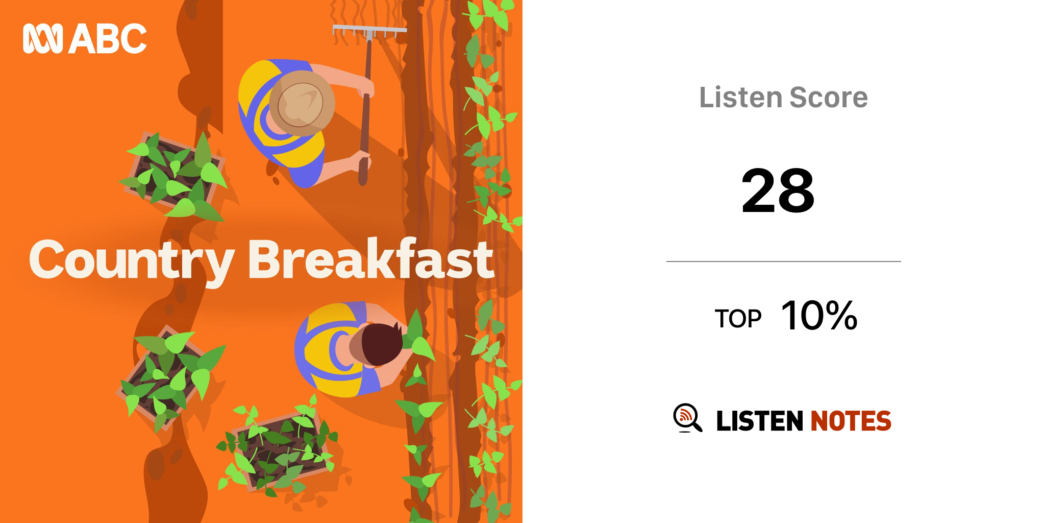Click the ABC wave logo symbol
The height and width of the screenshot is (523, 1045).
(43, 38)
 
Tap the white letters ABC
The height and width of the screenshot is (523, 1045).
(108, 39)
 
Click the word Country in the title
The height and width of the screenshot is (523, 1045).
(132, 260)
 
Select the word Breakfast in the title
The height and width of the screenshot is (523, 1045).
(371, 259)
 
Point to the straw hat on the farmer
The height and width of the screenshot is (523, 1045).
(302, 103)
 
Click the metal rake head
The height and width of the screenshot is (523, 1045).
(369, 32)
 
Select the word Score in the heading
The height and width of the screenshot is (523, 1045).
(828, 97)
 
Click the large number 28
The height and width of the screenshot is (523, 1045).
(778, 191)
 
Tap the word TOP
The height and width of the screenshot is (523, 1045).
(738, 319)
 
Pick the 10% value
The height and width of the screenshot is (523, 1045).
(819, 316)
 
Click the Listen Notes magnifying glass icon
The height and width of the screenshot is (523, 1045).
(687, 418)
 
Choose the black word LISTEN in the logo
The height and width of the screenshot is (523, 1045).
(760, 421)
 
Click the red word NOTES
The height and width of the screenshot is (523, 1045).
(851, 421)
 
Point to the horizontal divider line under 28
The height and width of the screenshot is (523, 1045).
(784, 261)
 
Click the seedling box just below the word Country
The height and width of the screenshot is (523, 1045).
(171, 375)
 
